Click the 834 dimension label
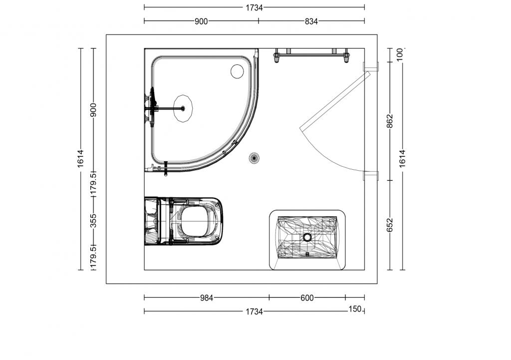311,21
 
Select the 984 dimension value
207,298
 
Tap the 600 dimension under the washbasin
307,298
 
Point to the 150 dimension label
355,309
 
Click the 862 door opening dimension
390,121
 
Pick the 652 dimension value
390,225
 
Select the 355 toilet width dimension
93,221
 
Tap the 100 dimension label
401,54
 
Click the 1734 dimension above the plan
254,8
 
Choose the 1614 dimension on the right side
403,159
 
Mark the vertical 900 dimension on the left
93,110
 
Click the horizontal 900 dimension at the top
201,21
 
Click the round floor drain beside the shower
254,158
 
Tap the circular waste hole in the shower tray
237,71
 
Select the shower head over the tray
183,108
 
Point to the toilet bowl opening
195,222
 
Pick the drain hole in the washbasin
307,237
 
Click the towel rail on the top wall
311,55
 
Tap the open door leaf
335,101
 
